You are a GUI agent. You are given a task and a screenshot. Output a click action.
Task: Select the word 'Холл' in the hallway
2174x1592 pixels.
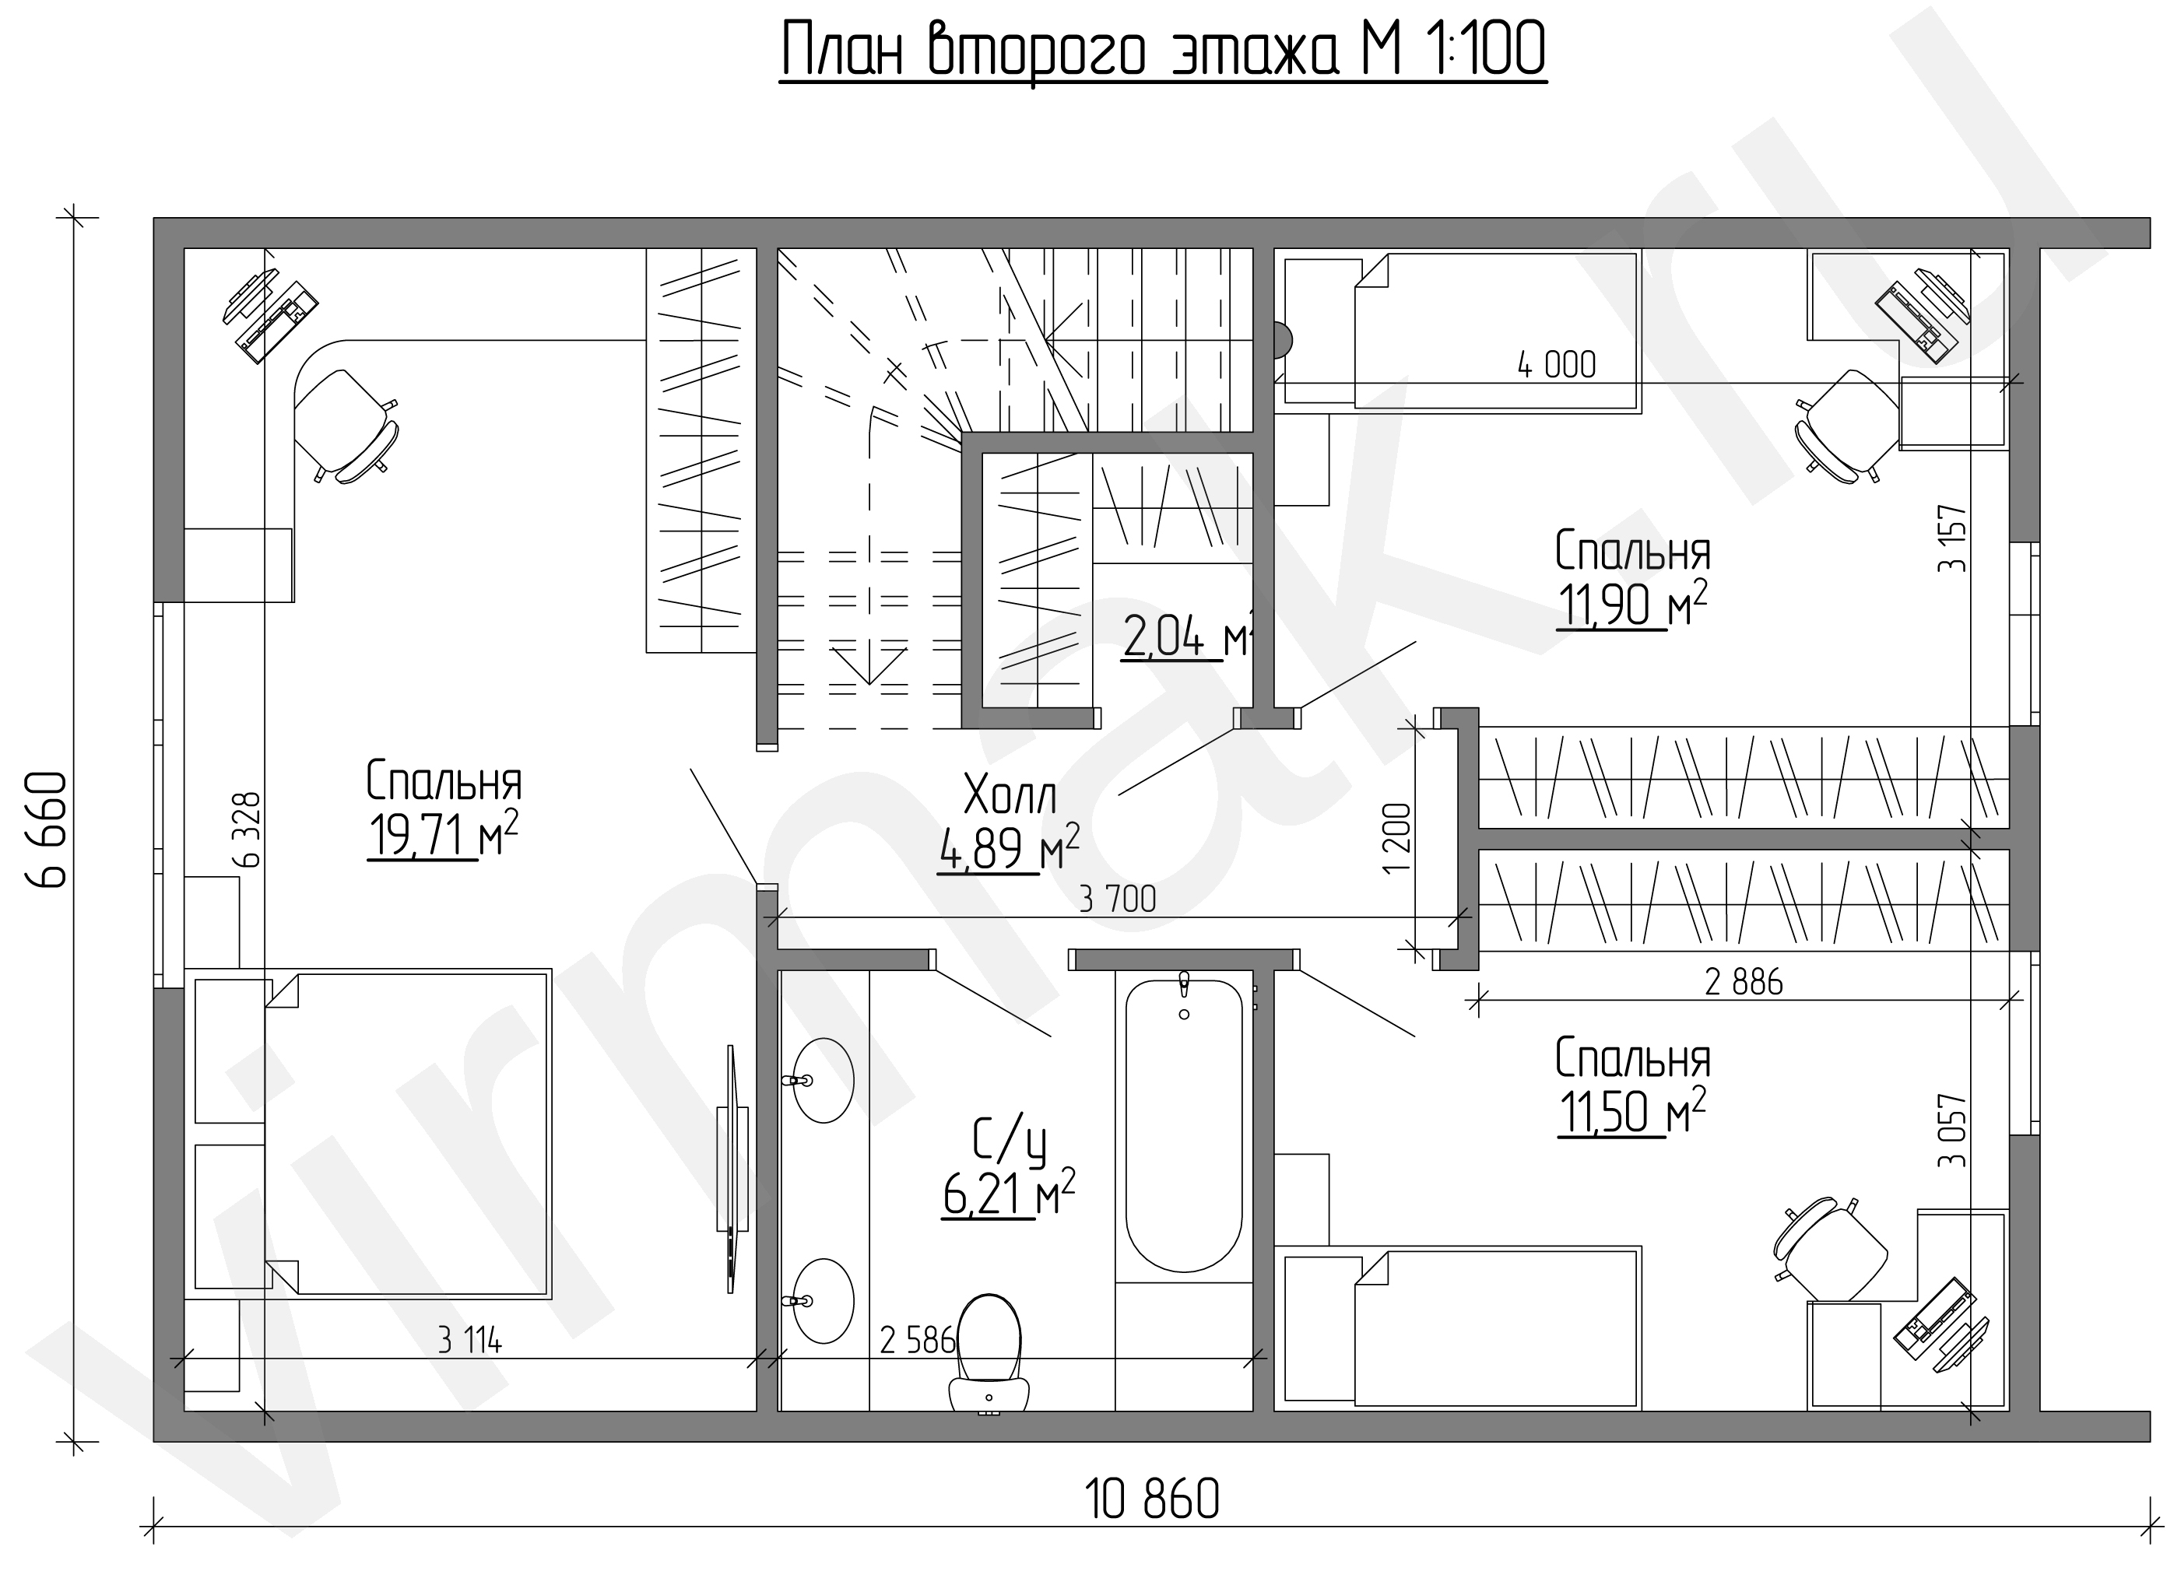click(1010, 796)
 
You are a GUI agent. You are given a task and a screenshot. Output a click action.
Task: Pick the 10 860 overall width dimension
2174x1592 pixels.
click(1151, 1499)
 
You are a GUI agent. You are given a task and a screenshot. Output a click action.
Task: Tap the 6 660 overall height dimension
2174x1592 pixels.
click(48, 829)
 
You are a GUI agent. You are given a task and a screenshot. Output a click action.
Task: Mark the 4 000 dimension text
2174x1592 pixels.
click(1556, 365)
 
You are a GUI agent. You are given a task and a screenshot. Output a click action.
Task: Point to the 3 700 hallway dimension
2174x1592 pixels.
click(1118, 899)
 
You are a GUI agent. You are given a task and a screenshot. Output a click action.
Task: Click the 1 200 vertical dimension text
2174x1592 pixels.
click(1396, 837)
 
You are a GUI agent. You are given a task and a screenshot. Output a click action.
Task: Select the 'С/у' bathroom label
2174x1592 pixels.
click(1009, 1142)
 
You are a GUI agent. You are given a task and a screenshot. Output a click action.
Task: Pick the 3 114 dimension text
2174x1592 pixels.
click(469, 1341)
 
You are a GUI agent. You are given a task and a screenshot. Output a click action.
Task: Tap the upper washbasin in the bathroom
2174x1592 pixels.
click(821, 1080)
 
